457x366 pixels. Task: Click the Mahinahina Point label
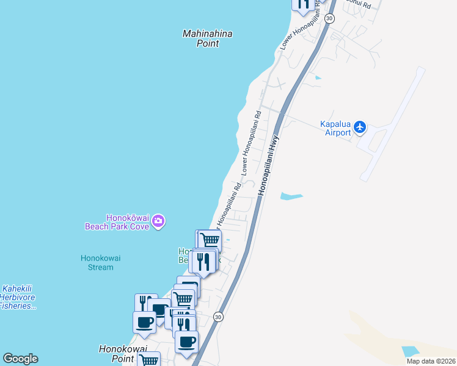coord(208,38)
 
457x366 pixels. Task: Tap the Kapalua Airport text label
coord(335,128)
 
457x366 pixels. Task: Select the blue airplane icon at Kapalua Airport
coord(360,127)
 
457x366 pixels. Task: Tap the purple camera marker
coord(158,221)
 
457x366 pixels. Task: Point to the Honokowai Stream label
coord(101,262)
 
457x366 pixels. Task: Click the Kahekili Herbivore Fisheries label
coord(18,297)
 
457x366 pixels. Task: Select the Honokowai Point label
coord(123,353)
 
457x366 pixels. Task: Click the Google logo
coord(20,359)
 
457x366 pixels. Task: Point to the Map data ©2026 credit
coord(431,361)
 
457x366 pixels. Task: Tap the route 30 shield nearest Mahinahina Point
coord(329,19)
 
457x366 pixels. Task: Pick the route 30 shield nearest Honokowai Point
coord(218,317)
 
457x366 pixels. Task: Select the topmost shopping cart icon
coord(210,240)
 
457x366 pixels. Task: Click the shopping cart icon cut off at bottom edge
coord(148,360)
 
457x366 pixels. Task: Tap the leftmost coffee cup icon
coord(144,321)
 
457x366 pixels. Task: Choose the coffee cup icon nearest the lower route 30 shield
coord(187,340)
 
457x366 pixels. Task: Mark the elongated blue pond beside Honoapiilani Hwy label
coord(291,196)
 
